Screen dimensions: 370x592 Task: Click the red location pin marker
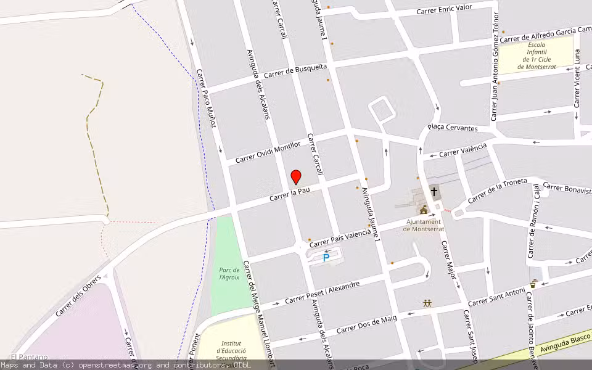click(296, 177)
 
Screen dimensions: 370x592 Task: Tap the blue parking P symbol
click(326, 258)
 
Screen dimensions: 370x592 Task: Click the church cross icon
click(434, 192)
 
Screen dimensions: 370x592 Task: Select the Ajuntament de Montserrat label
click(423, 225)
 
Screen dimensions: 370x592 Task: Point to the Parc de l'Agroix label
click(229, 273)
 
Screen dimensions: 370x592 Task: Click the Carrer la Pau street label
click(289, 194)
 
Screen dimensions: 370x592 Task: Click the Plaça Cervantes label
click(453, 128)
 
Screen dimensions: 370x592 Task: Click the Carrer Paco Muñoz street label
click(206, 99)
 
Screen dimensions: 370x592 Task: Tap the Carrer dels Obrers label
click(78, 295)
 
